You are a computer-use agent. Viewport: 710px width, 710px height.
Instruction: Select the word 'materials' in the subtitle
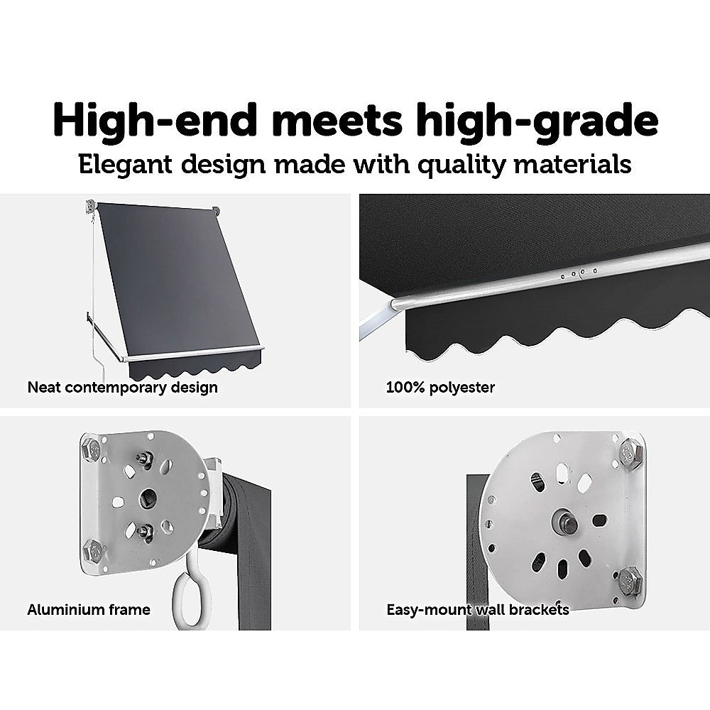[x=572, y=164]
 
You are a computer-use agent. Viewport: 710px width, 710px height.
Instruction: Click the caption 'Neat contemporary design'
[x=122, y=388]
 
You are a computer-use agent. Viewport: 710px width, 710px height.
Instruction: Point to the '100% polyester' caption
[x=440, y=388]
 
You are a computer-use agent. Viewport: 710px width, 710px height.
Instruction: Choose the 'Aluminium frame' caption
[x=89, y=610]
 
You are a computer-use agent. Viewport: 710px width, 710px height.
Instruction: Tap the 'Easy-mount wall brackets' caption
[x=478, y=610]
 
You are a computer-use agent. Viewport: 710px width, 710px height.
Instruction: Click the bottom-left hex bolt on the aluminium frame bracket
[x=94, y=551]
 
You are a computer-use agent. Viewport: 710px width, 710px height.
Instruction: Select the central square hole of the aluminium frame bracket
[x=148, y=498]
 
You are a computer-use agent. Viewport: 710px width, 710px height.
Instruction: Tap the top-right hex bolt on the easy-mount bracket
[x=630, y=452]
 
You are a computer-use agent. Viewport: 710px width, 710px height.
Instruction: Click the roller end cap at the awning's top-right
[x=216, y=211]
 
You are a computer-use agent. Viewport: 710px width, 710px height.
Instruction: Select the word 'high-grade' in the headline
[x=537, y=121]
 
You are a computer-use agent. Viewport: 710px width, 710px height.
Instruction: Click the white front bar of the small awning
[x=192, y=354]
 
